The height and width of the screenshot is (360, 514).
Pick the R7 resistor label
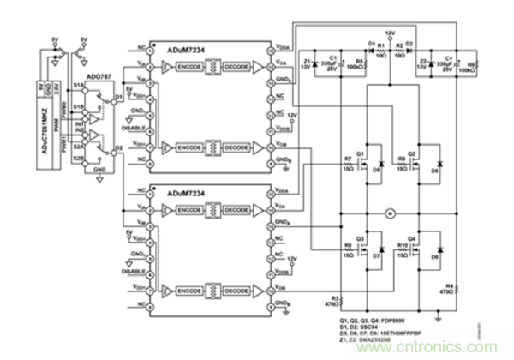point(348,160)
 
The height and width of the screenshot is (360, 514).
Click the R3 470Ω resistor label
point(336,298)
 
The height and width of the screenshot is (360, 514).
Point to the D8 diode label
point(436,256)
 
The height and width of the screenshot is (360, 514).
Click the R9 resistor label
point(401,160)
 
